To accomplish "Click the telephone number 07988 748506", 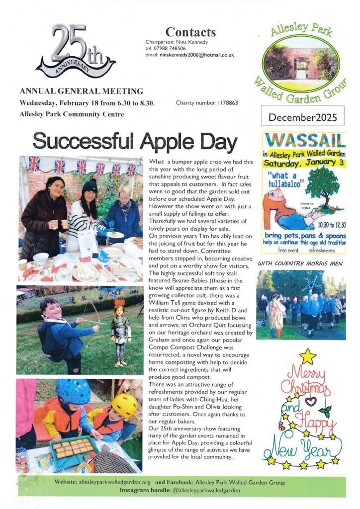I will pyautogui.click(x=172, y=49).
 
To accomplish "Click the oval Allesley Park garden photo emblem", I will pyautogui.click(x=302, y=64).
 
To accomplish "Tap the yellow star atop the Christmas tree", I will pyautogui.click(x=308, y=356).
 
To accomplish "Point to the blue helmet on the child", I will pyautogui.click(x=73, y=391).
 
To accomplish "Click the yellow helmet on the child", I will pyautogui.click(x=124, y=405).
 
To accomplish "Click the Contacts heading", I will pyautogui.click(x=190, y=32).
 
